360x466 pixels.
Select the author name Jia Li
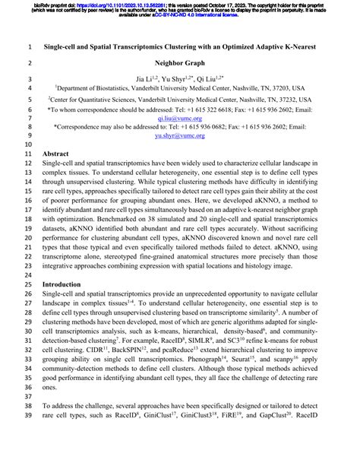(144, 78)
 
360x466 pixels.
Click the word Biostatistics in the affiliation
(114, 88)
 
